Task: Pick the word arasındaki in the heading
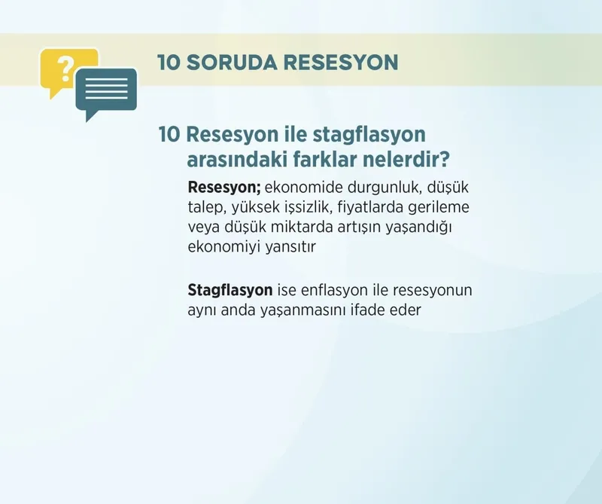pyautogui.click(x=245, y=160)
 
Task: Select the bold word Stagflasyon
pyautogui.click(x=230, y=290)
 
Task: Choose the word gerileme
pyautogui.click(x=448, y=206)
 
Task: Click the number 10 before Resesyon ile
pyautogui.click(x=169, y=136)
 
